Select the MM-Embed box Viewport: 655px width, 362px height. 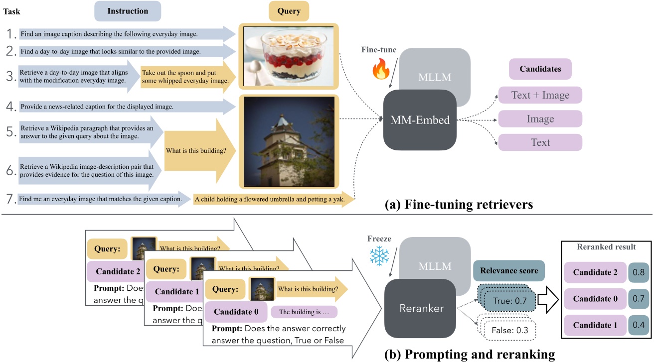[x=419, y=120]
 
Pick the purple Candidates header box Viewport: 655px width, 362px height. [x=540, y=69]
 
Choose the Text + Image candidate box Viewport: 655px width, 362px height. [x=540, y=95]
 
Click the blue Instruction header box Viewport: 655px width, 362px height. [x=128, y=11]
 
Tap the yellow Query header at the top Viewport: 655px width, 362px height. [x=289, y=11]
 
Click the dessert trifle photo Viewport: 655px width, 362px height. [x=289, y=55]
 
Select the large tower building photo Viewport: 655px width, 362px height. [x=289, y=141]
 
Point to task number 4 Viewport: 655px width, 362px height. [x=10, y=106]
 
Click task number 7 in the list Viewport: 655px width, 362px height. [x=10, y=199]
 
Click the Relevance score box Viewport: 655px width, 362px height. [x=508, y=271]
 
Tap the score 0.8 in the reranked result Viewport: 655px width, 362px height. [x=639, y=272]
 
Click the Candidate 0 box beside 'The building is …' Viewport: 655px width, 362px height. [x=236, y=312]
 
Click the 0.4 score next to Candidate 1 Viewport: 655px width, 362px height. [x=639, y=325]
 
